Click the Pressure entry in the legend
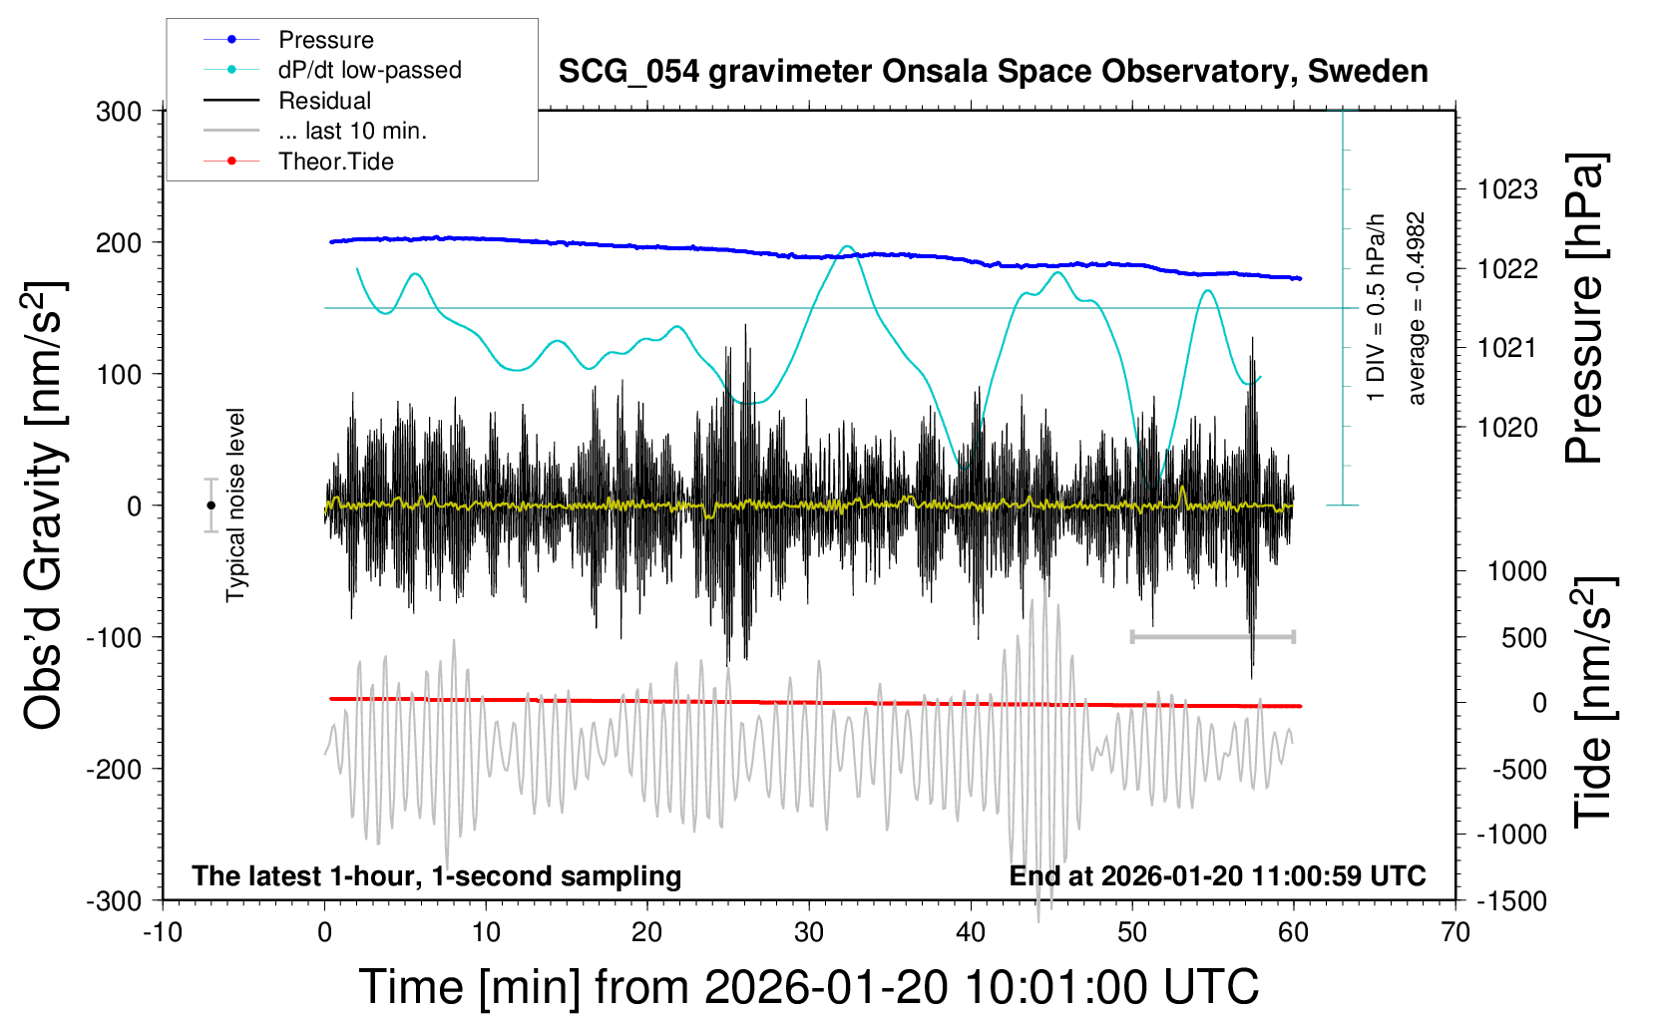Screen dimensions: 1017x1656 [325, 40]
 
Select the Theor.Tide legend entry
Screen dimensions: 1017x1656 [335, 162]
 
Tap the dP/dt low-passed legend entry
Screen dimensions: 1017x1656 [369, 70]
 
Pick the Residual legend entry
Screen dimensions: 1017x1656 [324, 101]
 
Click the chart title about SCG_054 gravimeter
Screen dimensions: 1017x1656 [993, 72]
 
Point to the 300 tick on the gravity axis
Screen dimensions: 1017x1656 [119, 112]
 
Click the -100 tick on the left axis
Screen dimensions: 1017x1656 [114, 637]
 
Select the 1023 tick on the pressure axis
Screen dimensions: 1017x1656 [1507, 189]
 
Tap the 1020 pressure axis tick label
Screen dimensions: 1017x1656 [1507, 428]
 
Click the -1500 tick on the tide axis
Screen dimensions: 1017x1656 [1511, 901]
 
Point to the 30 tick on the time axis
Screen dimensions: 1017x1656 [809, 933]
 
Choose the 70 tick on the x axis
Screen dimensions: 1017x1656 [1455, 933]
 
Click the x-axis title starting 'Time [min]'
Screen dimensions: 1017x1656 [808, 987]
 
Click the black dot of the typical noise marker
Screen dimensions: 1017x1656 [210, 506]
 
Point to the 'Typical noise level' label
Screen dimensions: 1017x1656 [235, 506]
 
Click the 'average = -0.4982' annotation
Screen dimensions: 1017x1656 [1416, 308]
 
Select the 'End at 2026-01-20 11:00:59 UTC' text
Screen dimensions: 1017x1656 [1217, 876]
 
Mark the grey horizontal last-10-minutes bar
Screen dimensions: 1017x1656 [1212, 636]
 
